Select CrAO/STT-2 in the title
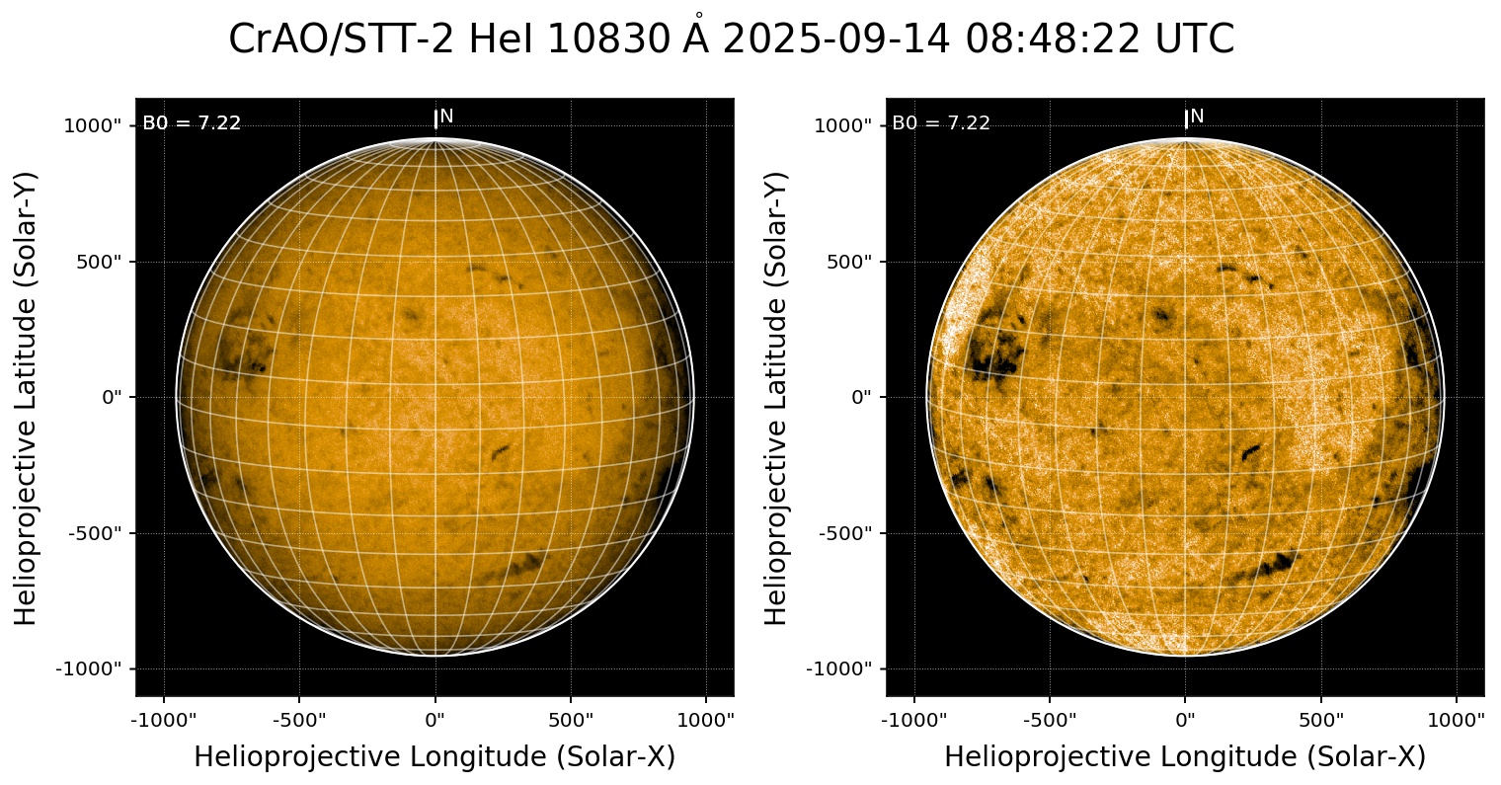(x=342, y=39)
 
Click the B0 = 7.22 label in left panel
(x=192, y=123)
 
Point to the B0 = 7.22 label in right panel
(x=941, y=123)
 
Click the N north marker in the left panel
(x=446, y=117)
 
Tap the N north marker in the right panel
(x=1197, y=117)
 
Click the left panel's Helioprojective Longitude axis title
(x=434, y=757)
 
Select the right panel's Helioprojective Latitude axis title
(x=777, y=397)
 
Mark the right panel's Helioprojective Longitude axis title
(x=1185, y=757)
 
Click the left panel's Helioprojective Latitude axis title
(x=27, y=397)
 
